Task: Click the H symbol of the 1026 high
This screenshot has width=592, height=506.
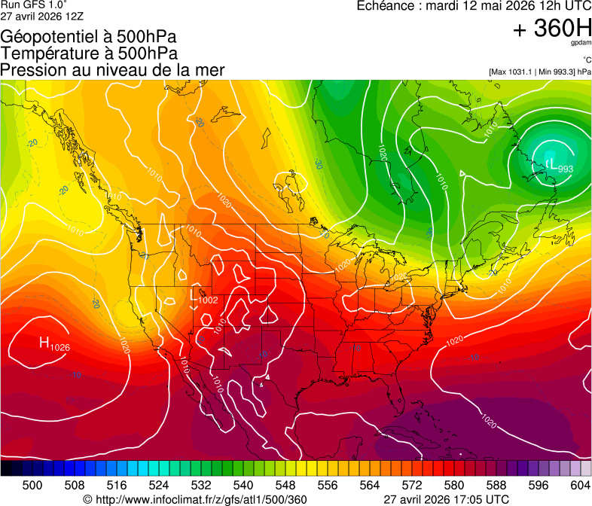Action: (x=44, y=343)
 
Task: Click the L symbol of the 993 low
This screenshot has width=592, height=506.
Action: (x=551, y=163)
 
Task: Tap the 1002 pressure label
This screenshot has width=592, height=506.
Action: (x=208, y=300)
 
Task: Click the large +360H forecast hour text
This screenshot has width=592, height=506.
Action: (x=551, y=29)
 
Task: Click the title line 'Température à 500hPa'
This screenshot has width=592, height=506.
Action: (x=89, y=53)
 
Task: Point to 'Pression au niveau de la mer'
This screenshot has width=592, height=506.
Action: (x=112, y=70)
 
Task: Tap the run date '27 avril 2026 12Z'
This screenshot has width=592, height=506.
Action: (x=42, y=16)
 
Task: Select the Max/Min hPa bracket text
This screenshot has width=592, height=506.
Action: (x=539, y=72)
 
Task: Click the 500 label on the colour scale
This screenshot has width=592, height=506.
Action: (x=32, y=486)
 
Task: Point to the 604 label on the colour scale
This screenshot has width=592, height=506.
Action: (x=581, y=486)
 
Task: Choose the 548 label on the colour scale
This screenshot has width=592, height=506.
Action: (x=285, y=486)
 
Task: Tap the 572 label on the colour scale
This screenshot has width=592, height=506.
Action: (x=412, y=486)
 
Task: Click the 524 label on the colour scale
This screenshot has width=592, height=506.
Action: (x=159, y=486)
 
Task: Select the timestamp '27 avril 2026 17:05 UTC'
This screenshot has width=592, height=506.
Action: (x=446, y=499)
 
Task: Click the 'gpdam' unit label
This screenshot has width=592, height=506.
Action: (x=581, y=44)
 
